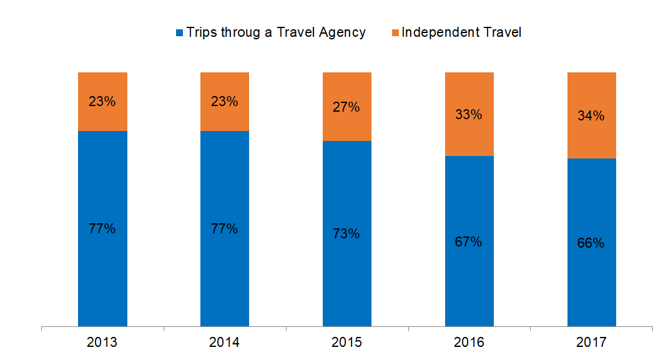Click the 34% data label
click(x=591, y=116)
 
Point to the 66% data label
click(x=591, y=243)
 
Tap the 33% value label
click(x=468, y=115)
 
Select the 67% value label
click(x=468, y=242)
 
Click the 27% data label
click(x=346, y=107)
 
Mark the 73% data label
click(x=346, y=234)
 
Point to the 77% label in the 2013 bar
click(x=102, y=229)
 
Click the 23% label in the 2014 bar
click(x=225, y=101)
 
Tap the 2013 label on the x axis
click(x=102, y=342)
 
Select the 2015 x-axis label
click(x=347, y=342)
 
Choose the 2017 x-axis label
click(x=592, y=342)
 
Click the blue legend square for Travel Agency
click(x=180, y=32)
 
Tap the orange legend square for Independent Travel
click(x=395, y=32)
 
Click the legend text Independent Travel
click(x=461, y=32)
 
